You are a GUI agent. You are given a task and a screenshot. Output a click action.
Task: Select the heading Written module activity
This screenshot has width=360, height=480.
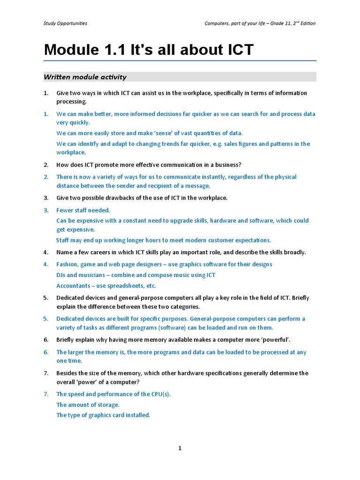click(x=85, y=77)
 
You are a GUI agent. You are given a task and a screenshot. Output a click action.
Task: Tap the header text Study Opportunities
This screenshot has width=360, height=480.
click(x=65, y=23)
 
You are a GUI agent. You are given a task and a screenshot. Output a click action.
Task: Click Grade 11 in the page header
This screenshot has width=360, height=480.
click(x=280, y=23)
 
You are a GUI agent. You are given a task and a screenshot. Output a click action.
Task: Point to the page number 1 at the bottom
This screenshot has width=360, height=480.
click(x=180, y=448)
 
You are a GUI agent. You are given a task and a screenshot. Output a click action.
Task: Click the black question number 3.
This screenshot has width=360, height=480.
click(x=46, y=198)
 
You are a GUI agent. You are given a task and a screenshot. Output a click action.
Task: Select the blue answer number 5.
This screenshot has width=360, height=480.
click(x=46, y=319)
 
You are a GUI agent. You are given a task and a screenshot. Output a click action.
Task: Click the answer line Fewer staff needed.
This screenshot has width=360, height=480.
click(x=83, y=210)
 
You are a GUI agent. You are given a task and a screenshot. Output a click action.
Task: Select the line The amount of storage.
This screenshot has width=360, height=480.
click(x=88, y=405)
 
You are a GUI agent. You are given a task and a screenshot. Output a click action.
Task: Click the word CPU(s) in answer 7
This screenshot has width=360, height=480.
click(x=160, y=394)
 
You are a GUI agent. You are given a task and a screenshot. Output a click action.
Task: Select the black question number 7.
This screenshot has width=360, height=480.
click(x=46, y=373)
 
